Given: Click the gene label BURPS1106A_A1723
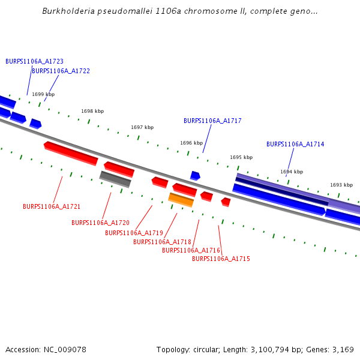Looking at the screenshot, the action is [x=34, y=61].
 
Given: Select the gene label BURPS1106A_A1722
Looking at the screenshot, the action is [x=61, y=71].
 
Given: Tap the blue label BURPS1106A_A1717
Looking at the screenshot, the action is [x=212, y=121].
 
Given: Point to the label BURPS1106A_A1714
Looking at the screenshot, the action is [x=295, y=144].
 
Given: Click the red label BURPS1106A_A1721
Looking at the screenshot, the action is [x=52, y=206].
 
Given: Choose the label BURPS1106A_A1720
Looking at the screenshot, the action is [x=100, y=223].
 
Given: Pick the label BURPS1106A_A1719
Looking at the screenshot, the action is [x=134, y=233].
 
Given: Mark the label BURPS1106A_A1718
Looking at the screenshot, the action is [x=162, y=242].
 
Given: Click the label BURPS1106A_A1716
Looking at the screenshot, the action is [x=191, y=250].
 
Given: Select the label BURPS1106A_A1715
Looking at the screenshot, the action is [x=221, y=259].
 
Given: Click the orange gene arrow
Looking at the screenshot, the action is [x=181, y=200].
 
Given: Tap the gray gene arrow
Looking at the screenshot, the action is [x=115, y=179].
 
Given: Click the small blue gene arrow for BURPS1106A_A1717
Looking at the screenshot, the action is [x=195, y=176].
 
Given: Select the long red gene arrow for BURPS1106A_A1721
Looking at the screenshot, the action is [x=71, y=153].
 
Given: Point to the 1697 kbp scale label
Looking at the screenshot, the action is [x=142, y=127].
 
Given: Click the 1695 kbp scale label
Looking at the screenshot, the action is [x=241, y=157].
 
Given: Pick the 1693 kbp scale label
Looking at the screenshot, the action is [x=341, y=185].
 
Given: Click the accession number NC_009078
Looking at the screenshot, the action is [x=66, y=349].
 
